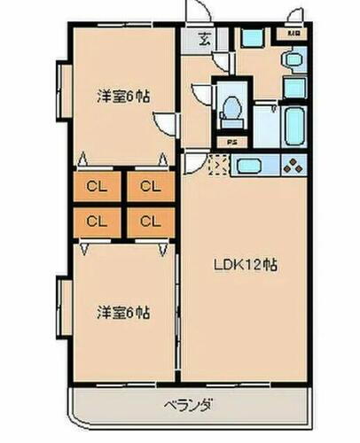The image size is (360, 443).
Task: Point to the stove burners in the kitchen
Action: click(x=293, y=164)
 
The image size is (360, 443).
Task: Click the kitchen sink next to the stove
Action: click(x=248, y=164)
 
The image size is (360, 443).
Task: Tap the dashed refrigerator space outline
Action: click(x=218, y=163)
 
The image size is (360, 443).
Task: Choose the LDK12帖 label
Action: click(x=244, y=263)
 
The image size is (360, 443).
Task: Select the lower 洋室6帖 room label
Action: click(x=123, y=312)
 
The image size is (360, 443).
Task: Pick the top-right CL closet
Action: click(x=149, y=186)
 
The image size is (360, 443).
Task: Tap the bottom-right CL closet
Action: click(x=149, y=221)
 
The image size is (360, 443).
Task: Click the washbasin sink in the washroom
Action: click(x=293, y=59)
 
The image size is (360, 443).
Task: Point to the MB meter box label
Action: click(x=293, y=35)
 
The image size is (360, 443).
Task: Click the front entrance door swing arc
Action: click(x=198, y=12)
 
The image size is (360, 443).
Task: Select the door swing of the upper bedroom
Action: click(x=166, y=123)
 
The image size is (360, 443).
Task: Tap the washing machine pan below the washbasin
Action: click(x=294, y=88)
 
